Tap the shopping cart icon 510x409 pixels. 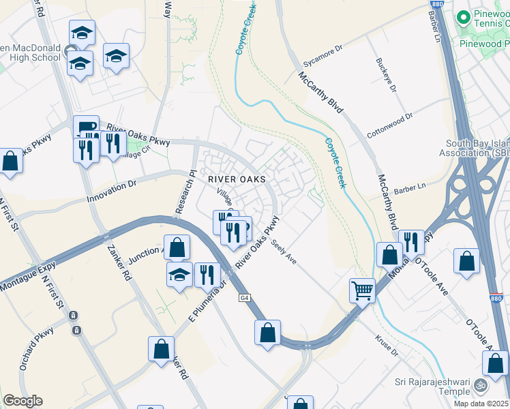[x=362, y=290]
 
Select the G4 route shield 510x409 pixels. [x=244, y=298]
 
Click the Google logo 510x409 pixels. [x=23, y=401]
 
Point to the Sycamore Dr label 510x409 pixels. [x=323, y=59]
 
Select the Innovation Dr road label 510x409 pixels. [x=112, y=190]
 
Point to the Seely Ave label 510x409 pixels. [x=284, y=252]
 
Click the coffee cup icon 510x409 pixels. [x=85, y=126]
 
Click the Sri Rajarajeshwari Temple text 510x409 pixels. [x=436, y=387]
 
